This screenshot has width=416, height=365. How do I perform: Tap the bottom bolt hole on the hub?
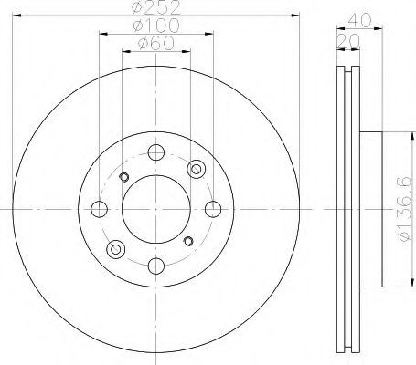coord(155,265)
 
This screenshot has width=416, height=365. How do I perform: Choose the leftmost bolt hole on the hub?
coord(100,209)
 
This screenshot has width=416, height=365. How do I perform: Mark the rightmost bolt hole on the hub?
coord(212,209)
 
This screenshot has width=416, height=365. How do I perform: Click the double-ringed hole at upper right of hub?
coord(195,169)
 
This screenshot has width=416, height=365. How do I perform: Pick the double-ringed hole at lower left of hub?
coord(115,248)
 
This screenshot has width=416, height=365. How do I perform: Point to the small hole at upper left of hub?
coord(124,177)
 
